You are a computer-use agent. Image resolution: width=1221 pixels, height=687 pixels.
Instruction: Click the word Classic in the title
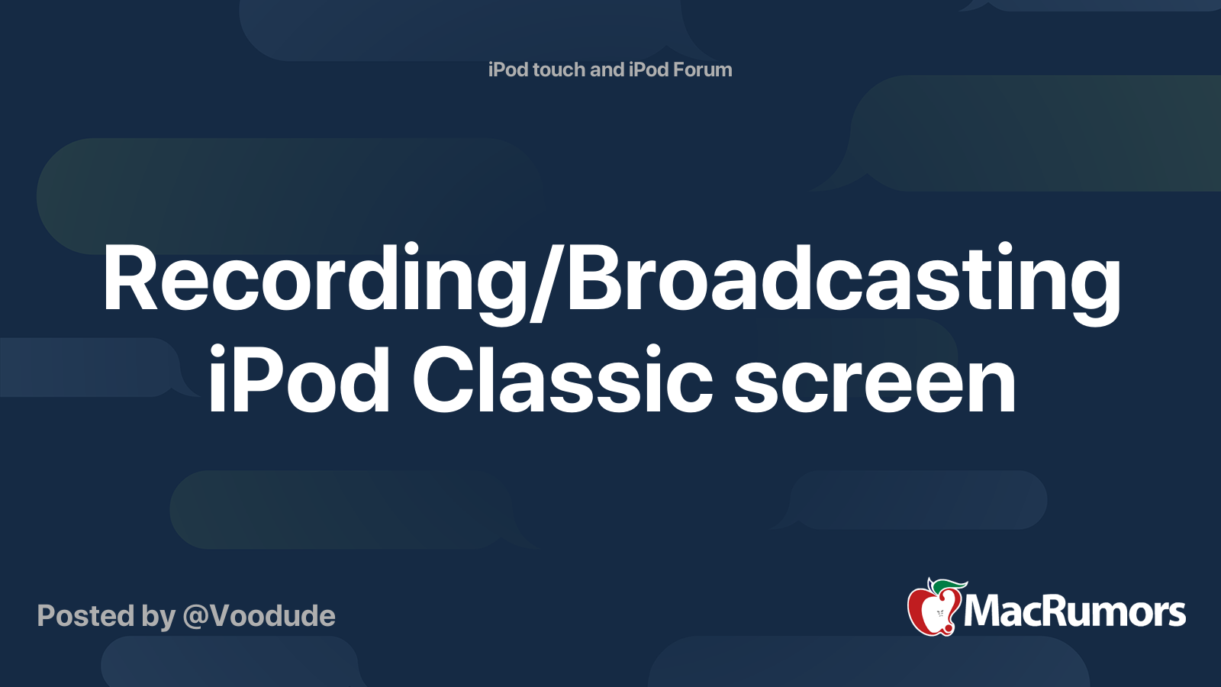[x=562, y=378]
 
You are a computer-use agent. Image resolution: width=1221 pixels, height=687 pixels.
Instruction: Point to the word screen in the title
[x=875, y=385]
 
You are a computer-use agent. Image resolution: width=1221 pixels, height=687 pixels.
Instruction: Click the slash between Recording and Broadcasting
[x=544, y=283]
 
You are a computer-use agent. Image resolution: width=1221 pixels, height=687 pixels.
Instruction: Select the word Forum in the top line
[x=702, y=69]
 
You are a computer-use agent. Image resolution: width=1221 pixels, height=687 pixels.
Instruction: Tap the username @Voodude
[x=259, y=615]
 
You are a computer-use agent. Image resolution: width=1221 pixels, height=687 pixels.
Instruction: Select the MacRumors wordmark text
[x=1074, y=611]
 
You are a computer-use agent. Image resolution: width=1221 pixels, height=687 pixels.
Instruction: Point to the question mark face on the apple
[x=939, y=614]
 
